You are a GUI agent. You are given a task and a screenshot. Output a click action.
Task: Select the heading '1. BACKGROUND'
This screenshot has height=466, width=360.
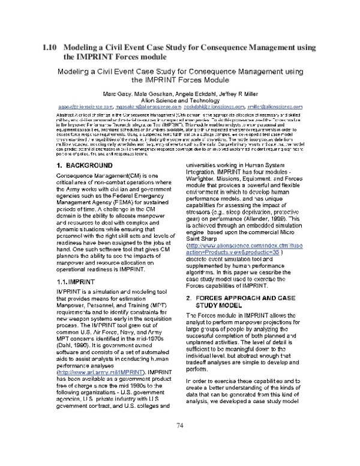pos(81,148)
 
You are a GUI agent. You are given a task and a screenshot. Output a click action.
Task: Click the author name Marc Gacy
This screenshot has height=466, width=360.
pos(118,95)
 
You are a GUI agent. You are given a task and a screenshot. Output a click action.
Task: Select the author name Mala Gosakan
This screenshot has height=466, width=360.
pos(157,95)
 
